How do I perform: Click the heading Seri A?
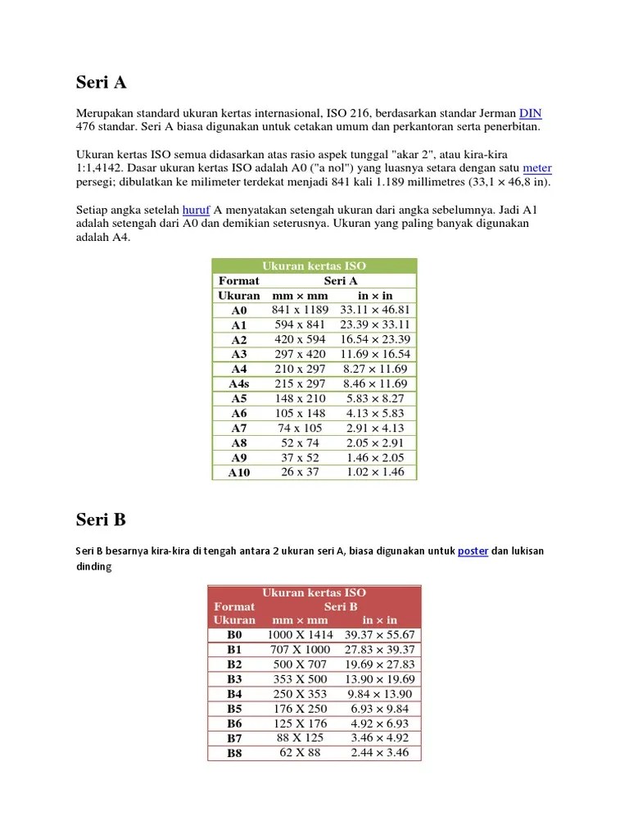[x=102, y=83]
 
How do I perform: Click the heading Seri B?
[x=101, y=520]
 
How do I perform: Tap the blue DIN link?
[x=531, y=114]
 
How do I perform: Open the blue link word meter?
[x=537, y=168]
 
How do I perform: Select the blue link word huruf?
[x=197, y=210]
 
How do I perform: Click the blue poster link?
[x=473, y=551]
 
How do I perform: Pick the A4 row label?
[x=239, y=369]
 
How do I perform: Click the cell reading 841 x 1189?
[x=300, y=310]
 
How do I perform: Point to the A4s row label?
[x=239, y=383]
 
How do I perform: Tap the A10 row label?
[x=239, y=473]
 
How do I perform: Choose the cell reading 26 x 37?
[x=300, y=472]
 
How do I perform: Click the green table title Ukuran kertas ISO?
[x=314, y=265]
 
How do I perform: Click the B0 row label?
[x=235, y=635]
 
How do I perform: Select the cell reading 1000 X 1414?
[x=300, y=635]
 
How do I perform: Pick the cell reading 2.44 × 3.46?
[x=379, y=752]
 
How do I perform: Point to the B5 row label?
[x=235, y=709]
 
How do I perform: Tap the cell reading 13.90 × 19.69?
[x=379, y=679]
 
